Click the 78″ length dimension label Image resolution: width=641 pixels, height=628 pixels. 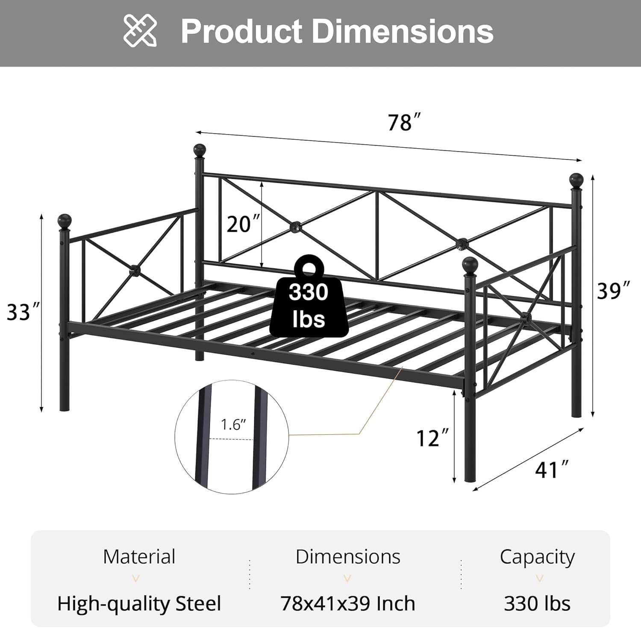pos(399,123)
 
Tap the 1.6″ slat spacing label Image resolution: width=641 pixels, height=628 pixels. pos(233,425)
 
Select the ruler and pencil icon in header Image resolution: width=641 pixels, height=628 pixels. pos(140,30)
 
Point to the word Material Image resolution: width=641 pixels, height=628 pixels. pos(139,557)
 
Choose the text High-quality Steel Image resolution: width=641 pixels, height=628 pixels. pos(139,604)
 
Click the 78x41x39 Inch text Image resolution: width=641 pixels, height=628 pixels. pos(347,604)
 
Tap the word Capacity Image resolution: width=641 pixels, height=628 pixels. pos(537,557)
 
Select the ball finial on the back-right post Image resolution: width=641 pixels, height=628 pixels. pos(576,180)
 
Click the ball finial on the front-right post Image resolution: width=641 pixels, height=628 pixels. pos(470,264)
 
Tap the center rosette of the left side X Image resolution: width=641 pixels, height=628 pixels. pos(134,270)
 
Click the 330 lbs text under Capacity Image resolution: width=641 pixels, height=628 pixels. pos(537,604)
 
